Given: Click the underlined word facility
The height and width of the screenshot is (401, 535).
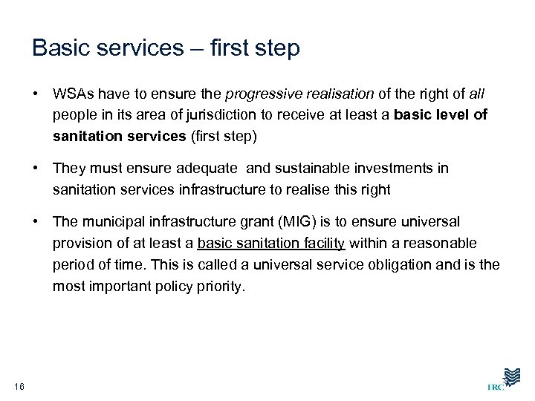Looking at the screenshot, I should click(x=320, y=243).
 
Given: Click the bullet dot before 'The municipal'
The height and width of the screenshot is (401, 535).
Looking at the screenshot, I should click(x=36, y=222).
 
